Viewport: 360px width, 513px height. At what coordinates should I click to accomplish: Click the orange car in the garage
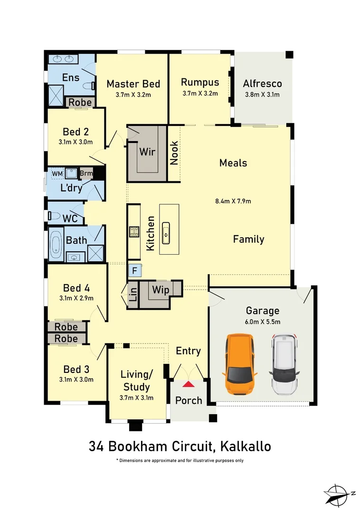point(240,364)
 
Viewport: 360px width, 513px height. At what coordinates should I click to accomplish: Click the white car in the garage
point(284,364)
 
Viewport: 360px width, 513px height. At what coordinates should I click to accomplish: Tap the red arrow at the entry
point(189,384)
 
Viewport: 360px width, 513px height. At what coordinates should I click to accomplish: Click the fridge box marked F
point(134,271)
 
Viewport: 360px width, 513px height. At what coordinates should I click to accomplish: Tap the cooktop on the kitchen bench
point(133,232)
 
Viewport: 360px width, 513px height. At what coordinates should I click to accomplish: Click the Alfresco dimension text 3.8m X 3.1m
point(262,95)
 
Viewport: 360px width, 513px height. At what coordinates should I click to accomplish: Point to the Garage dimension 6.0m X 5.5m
point(263,322)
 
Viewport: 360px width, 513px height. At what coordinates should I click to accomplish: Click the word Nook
point(174,153)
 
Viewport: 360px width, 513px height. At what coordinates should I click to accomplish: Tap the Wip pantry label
point(160,290)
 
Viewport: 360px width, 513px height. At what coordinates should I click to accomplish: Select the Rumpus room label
point(200,82)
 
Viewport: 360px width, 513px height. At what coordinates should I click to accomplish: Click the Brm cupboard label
point(86,173)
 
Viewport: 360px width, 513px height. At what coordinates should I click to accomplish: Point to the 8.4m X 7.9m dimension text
point(233,201)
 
